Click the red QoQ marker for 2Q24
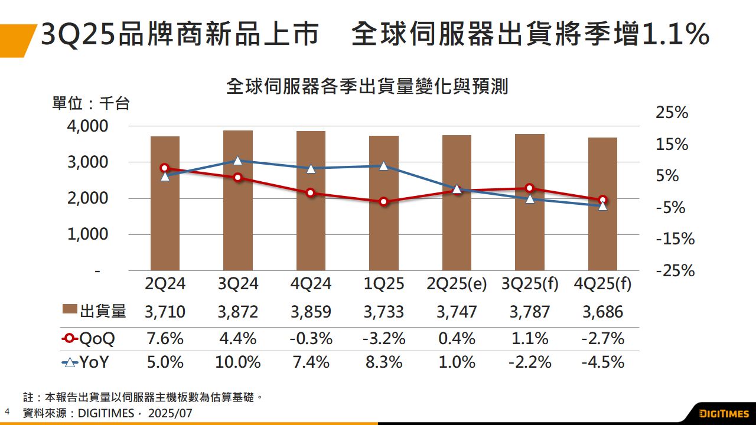[x=165, y=168]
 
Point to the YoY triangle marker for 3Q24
[x=238, y=160]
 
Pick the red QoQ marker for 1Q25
[x=384, y=202]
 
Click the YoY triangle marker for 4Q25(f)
[x=602, y=205]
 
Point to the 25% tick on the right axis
[x=672, y=113]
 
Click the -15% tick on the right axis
[x=675, y=239]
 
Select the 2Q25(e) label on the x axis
[x=457, y=284]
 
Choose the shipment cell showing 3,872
[x=238, y=312]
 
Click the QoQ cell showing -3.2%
[x=384, y=339]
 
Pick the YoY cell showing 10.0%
[x=238, y=362]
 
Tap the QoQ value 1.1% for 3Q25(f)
[x=530, y=339]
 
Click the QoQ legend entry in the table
[x=89, y=339]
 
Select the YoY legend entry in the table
[x=86, y=362]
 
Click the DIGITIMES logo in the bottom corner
[x=724, y=413]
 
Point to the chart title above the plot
[x=367, y=87]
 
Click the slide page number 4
[x=8, y=411]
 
